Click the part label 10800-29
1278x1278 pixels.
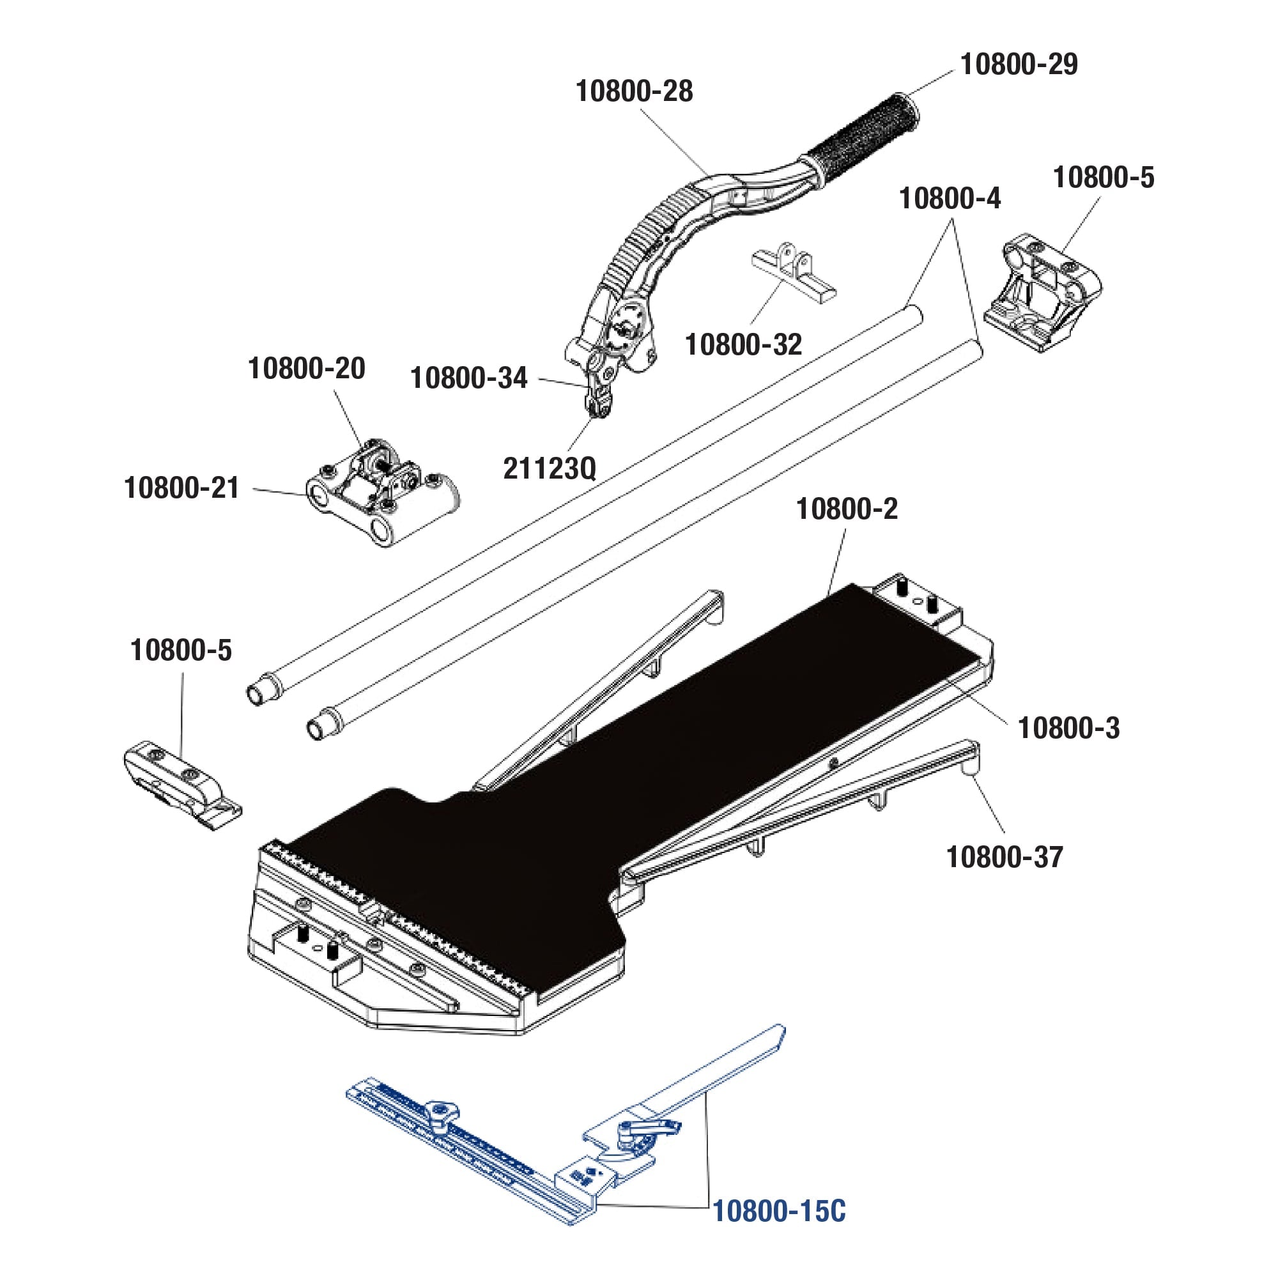(x=1019, y=65)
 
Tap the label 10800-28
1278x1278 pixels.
(x=634, y=91)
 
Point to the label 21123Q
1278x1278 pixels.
(x=550, y=469)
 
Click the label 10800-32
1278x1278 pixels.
(x=743, y=344)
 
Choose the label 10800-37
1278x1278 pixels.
(x=1004, y=858)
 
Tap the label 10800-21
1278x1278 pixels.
(x=181, y=488)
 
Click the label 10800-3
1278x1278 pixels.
(x=1068, y=728)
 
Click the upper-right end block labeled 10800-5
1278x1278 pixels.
(x=1042, y=291)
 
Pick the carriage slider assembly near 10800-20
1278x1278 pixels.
(x=380, y=493)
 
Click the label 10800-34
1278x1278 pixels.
(x=468, y=378)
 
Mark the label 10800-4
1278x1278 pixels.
(x=950, y=199)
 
